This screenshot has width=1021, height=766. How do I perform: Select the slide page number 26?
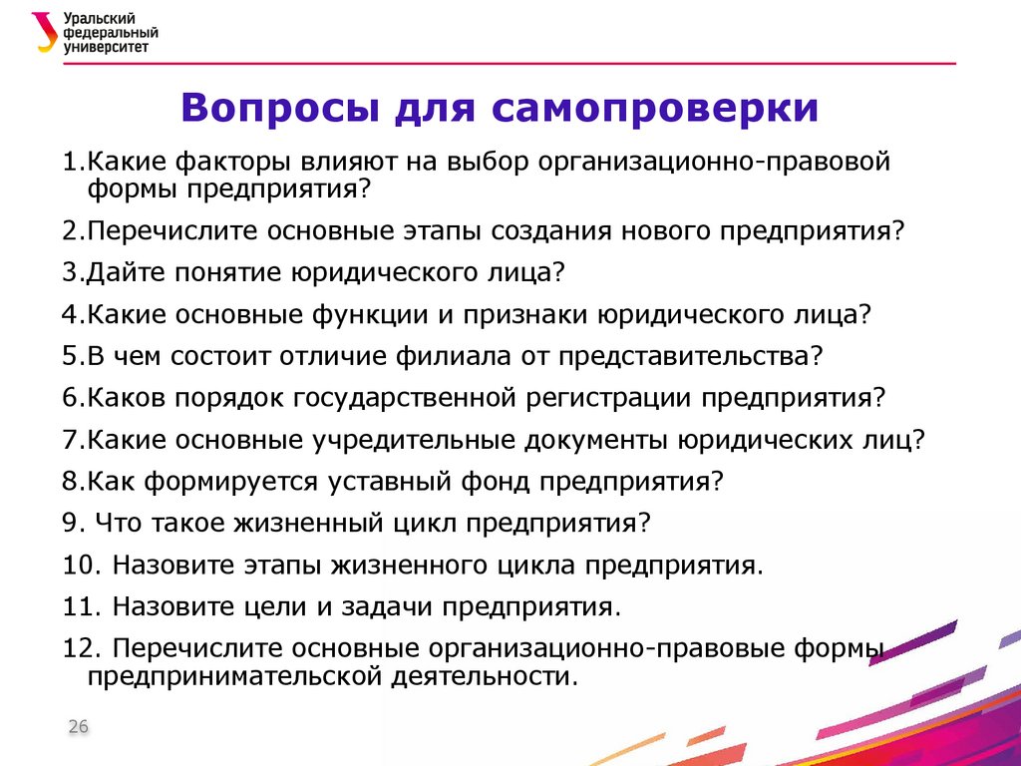point(78,727)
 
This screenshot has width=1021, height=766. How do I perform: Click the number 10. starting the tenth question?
point(80,565)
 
